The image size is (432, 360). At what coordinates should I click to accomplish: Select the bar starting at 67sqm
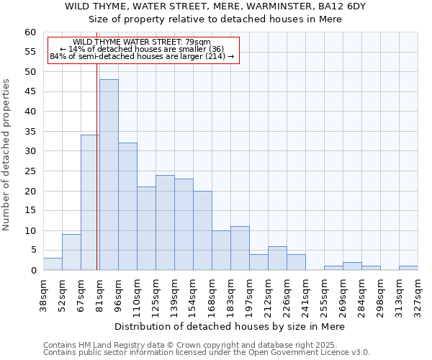click(x=90, y=202)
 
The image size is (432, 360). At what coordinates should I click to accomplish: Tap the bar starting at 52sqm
click(x=71, y=252)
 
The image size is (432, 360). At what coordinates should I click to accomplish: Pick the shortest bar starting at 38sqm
click(x=53, y=264)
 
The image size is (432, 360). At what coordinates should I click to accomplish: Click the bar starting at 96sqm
click(x=127, y=207)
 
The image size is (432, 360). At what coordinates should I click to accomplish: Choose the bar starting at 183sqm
click(x=240, y=248)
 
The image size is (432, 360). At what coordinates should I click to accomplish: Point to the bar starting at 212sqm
click(x=277, y=258)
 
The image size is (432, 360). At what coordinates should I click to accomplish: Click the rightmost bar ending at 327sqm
click(x=408, y=268)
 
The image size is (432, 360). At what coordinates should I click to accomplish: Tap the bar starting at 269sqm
click(x=352, y=266)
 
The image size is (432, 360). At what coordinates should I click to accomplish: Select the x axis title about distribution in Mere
click(x=230, y=326)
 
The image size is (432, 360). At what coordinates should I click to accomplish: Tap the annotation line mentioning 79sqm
click(x=142, y=42)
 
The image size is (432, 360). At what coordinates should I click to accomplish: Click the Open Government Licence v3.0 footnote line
click(x=207, y=353)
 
